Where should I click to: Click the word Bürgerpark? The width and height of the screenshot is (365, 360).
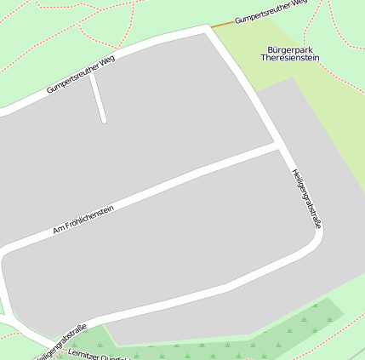click(x=290, y=49)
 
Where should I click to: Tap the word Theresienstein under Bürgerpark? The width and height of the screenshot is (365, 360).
click(x=290, y=58)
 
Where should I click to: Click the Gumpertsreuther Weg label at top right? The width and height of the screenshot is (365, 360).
click(x=271, y=11)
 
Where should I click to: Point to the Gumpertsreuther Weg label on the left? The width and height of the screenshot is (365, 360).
click(x=81, y=74)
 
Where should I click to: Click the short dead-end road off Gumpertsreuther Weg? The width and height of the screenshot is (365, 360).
click(x=98, y=98)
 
